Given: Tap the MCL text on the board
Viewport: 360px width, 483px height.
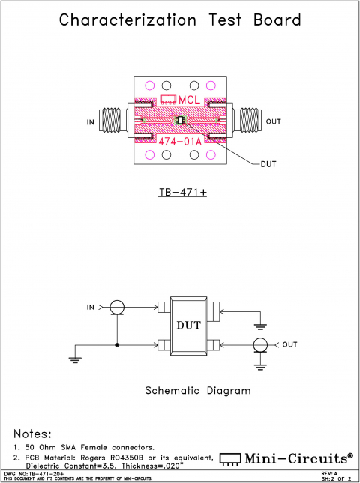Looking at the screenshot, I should point(190,99).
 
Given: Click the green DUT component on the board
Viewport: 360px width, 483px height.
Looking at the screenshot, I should point(180,120).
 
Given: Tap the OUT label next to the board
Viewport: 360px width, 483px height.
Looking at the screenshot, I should point(273,121).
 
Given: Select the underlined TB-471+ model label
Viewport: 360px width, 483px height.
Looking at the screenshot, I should point(182,192).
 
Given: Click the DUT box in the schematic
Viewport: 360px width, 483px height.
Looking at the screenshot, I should point(187,325).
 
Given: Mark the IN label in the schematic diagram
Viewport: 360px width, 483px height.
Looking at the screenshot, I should point(91,307).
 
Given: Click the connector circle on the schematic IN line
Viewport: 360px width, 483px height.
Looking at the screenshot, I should point(116,307).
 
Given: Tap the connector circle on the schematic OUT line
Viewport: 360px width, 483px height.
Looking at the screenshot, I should point(259,345).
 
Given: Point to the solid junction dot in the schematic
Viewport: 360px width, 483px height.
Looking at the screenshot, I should point(116,345).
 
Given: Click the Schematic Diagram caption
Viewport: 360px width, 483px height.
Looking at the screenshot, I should point(196,391).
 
